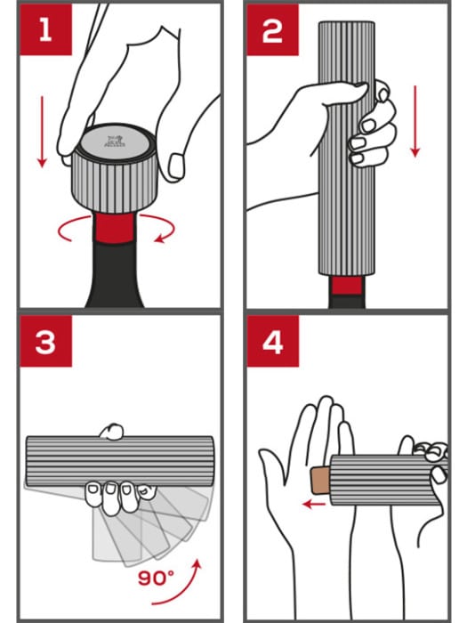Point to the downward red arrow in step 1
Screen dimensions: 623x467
click(x=41, y=133)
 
